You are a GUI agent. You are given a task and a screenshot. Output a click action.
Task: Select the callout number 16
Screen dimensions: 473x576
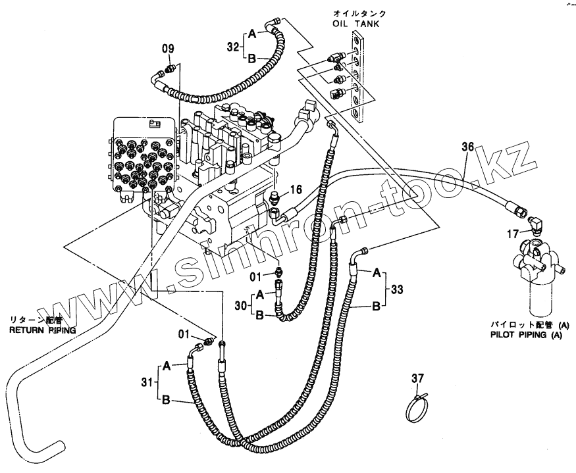(x=296, y=189)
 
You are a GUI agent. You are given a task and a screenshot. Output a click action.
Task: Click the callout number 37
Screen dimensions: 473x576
(x=419, y=378)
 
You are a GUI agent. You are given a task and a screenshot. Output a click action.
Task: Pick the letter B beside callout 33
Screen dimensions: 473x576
(x=377, y=305)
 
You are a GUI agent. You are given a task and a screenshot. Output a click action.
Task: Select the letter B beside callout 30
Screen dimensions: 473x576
(x=261, y=316)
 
